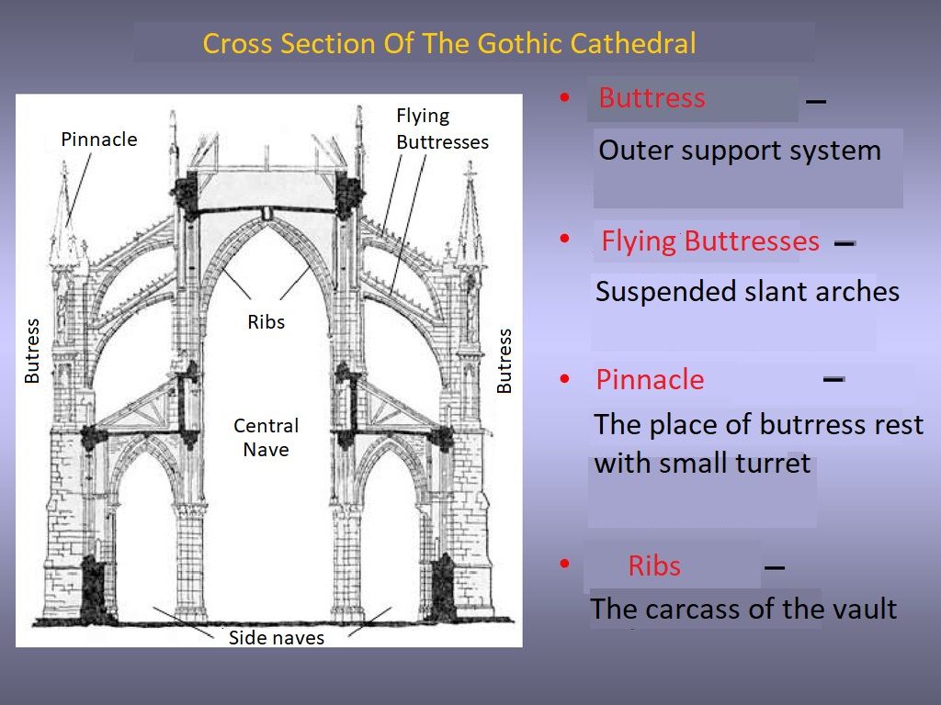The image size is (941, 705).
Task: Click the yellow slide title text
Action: tap(448, 43)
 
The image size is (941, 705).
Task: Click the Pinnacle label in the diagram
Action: tap(99, 140)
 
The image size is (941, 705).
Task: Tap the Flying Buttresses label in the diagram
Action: tap(442, 129)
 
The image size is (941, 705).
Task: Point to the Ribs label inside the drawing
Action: tap(266, 322)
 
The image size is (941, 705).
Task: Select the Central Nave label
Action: tap(266, 437)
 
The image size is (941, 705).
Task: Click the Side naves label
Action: tap(276, 637)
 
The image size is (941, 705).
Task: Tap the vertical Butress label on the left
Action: tap(32, 351)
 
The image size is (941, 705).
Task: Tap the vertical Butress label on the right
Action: tap(505, 361)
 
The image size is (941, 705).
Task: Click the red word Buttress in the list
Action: tap(652, 97)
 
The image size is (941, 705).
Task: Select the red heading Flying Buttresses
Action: tap(710, 241)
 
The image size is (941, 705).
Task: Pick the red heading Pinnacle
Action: tap(650, 379)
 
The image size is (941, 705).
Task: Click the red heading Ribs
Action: tap(654, 565)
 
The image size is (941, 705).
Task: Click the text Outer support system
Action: tap(740, 150)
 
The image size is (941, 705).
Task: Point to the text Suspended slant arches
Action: tap(747, 291)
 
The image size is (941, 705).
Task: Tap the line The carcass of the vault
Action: tap(743, 609)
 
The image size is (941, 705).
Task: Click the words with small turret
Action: tap(702, 463)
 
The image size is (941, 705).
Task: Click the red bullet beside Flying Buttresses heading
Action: tap(565, 239)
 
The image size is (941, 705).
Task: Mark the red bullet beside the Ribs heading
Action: tap(565, 563)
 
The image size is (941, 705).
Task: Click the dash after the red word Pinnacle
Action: tap(833, 379)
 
